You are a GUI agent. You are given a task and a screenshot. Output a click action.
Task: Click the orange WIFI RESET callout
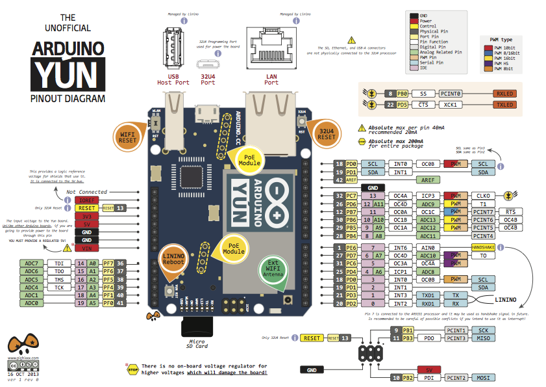(128, 136)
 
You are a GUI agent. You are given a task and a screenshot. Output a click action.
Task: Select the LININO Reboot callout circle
(172, 257)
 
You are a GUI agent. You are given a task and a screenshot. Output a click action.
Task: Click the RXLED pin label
(504, 94)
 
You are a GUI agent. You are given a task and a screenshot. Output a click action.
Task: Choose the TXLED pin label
(504, 104)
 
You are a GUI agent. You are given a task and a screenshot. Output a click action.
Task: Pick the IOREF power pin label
(86, 200)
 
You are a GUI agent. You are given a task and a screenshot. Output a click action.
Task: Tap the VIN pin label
(86, 248)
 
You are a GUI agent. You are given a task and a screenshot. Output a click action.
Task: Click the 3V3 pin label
(86, 215)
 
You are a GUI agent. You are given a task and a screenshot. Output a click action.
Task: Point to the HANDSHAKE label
(483, 248)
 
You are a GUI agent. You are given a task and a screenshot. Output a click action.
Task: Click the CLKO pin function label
(483, 195)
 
